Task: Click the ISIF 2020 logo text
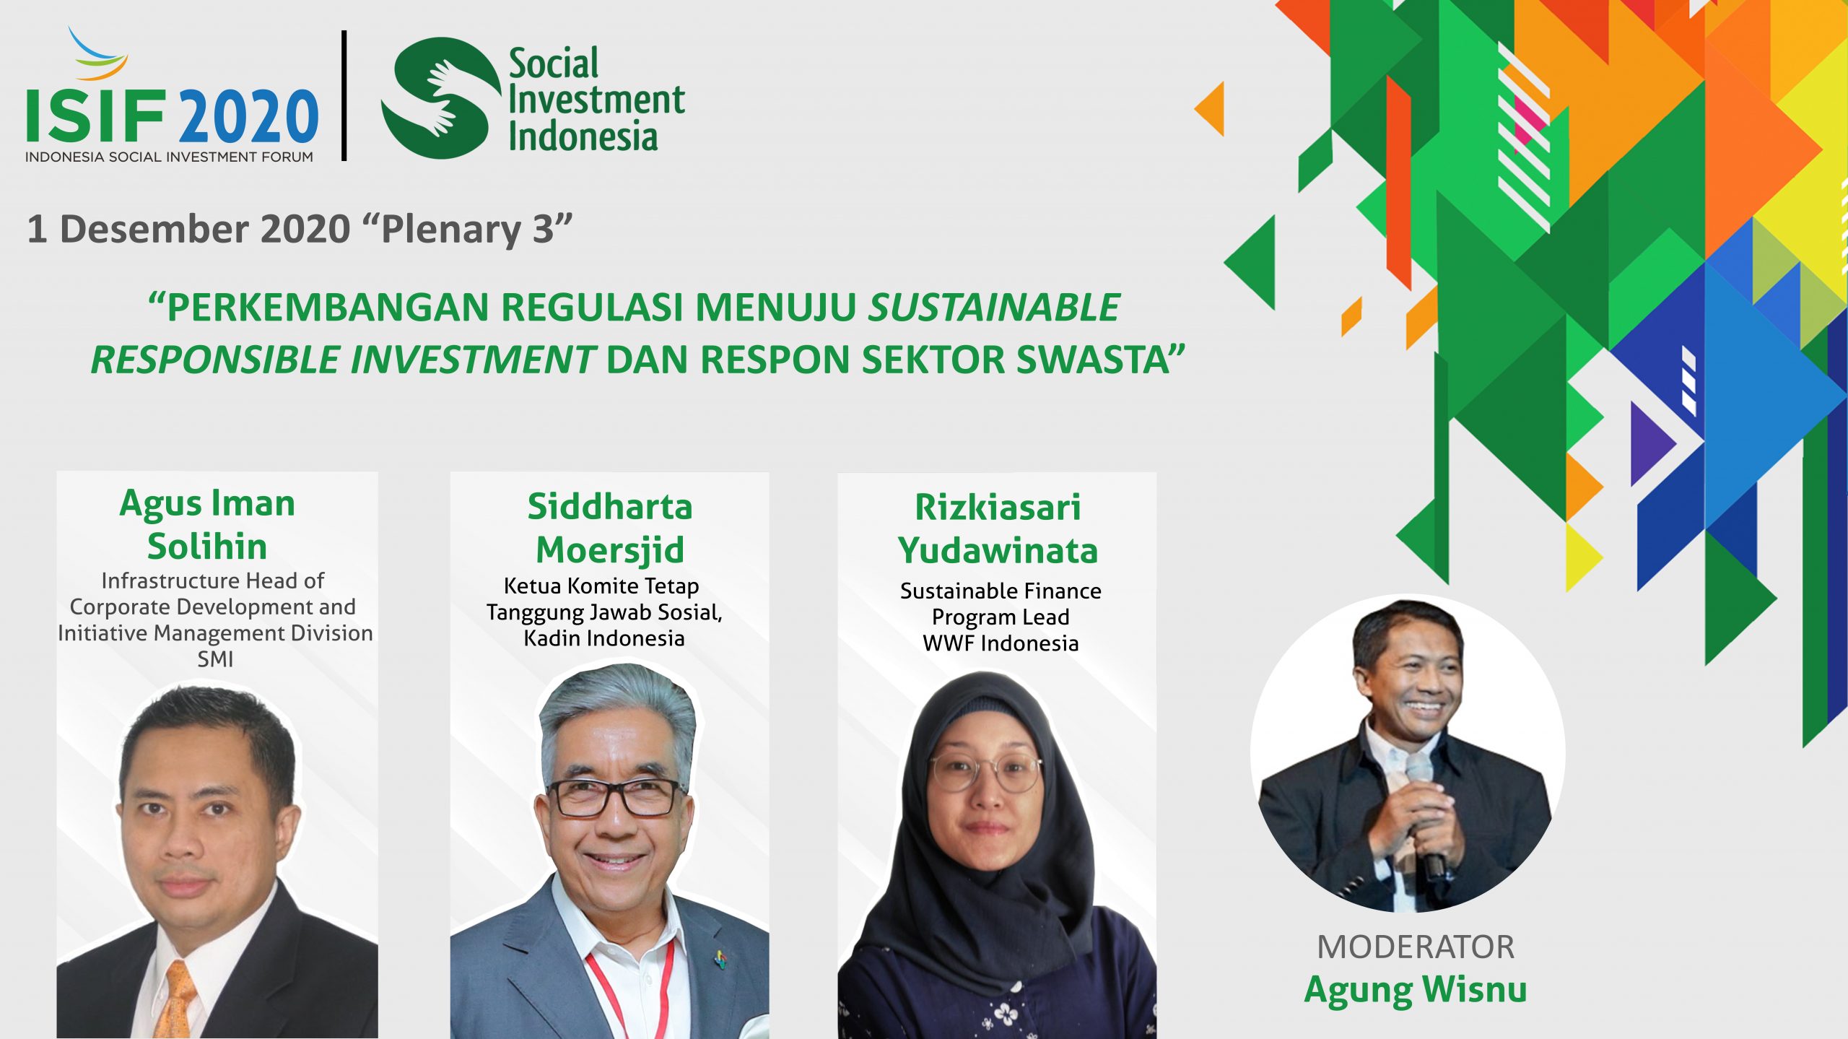pos(172,116)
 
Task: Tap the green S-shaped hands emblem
pos(441,98)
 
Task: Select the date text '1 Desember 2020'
pos(188,229)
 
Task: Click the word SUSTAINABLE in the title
pos(994,307)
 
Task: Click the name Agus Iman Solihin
pos(208,524)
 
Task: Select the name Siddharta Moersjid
pos(610,528)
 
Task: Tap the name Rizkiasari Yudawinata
pos(998,529)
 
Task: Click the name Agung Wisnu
pos(1415,990)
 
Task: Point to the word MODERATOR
pos(1416,947)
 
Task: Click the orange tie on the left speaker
pos(175,1000)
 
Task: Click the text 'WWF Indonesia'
pos(1001,643)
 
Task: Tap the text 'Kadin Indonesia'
pos(604,638)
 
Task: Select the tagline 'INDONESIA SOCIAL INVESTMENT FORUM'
pos(169,157)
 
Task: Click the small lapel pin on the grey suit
pos(720,958)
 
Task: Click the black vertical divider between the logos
pos(344,95)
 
